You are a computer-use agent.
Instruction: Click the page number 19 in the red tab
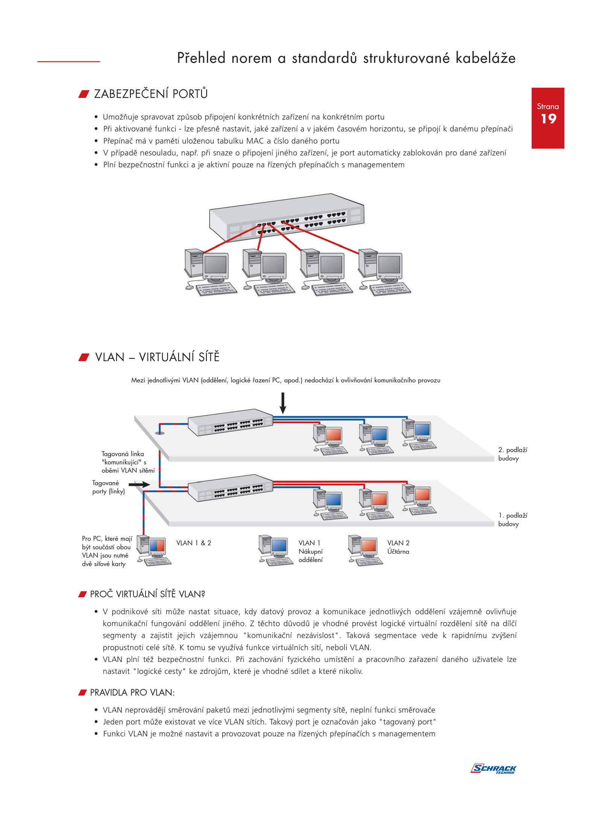548,119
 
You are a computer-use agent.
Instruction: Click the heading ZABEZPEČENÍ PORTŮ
151,94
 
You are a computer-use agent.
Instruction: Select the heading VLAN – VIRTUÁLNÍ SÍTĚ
157,357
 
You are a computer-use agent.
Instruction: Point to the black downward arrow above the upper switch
283,403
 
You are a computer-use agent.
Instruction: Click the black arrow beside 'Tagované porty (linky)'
139,484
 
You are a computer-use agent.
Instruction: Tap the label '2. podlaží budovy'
513,454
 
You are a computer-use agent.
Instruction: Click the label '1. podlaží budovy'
513,519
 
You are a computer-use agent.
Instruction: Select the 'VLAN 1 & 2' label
194,543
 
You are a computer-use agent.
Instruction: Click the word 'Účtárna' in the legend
398,551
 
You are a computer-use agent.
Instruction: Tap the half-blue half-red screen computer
154,550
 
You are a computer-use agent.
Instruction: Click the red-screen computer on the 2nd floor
330,439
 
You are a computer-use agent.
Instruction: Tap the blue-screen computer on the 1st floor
330,504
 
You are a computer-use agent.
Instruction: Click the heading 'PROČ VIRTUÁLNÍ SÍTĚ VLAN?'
147,594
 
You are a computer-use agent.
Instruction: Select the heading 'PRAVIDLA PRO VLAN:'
132,692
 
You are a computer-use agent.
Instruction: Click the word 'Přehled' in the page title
201,58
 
